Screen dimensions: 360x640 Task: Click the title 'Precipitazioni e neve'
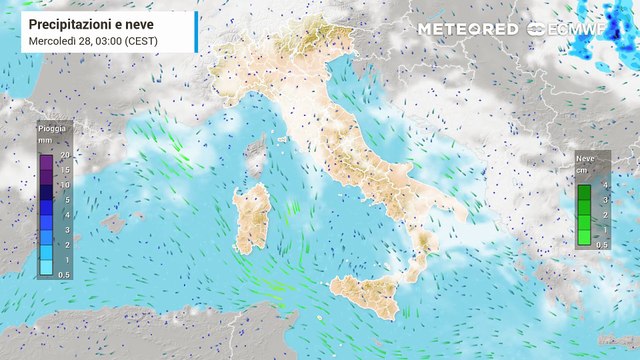[x=86, y=23]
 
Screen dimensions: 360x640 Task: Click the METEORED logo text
[x=467, y=28]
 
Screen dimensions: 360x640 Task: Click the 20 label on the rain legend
[x=64, y=155]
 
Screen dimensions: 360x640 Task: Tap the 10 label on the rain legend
[x=64, y=185]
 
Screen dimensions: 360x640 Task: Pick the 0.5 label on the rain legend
[x=64, y=274]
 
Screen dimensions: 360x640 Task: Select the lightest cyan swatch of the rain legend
[x=46, y=267]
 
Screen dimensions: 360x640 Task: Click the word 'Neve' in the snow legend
[x=584, y=158]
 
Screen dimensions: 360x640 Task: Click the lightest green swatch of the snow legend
[x=584, y=237]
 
